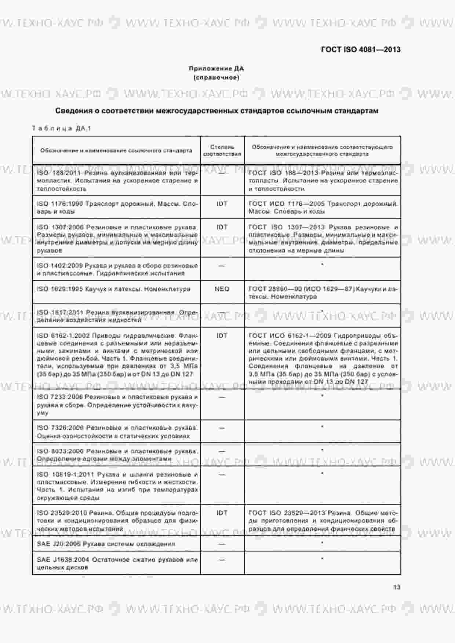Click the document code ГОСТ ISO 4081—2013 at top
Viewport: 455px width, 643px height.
tap(360, 49)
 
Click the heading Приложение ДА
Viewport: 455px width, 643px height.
tap(216, 69)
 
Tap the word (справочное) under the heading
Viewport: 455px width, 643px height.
tap(216, 78)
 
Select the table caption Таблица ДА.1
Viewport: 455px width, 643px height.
tap(61, 128)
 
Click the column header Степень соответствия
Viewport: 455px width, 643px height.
tap(222, 150)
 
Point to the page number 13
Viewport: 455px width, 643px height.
tap(396, 587)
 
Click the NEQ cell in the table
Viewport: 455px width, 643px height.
tap(222, 289)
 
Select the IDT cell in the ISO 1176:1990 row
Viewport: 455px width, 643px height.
tap(222, 204)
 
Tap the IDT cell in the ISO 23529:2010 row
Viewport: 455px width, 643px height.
tap(222, 513)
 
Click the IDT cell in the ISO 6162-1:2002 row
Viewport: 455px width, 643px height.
tap(222, 335)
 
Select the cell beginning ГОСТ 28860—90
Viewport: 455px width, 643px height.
tap(323, 293)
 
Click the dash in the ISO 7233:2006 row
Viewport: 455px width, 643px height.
tap(222, 397)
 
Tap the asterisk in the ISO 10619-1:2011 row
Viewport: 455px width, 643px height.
tap(322, 474)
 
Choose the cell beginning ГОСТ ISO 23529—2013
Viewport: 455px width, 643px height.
tap(323, 521)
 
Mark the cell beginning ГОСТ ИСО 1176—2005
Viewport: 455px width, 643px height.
tap(323, 207)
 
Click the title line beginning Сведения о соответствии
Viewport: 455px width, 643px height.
tap(216, 111)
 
